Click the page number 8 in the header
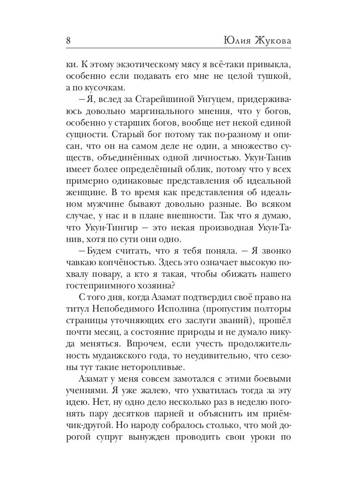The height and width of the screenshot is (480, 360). (x=68, y=40)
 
